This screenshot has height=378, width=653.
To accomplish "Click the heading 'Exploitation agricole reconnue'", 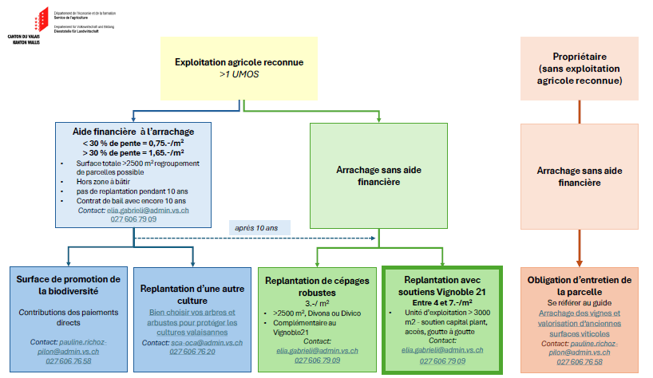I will tap(239, 62).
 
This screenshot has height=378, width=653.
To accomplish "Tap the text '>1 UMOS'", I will tap(239, 75).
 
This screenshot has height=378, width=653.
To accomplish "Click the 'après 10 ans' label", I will tap(255, 227).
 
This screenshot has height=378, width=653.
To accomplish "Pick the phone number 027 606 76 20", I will tap(193, 352).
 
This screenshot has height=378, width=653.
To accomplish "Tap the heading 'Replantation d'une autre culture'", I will tap(193, 295).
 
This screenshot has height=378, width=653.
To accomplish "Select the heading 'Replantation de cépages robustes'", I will tap(318, 285).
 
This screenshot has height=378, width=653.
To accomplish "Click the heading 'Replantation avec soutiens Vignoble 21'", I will tap(441, 287).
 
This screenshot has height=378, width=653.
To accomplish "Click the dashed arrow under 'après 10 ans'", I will tap(255, 238).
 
